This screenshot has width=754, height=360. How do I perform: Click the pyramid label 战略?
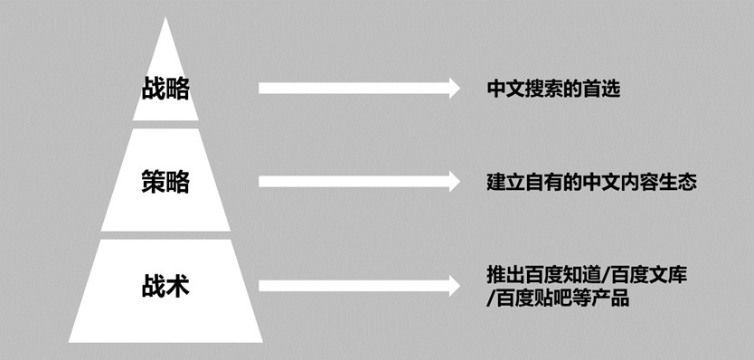point(165,88)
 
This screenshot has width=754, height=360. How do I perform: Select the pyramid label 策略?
point(165,181)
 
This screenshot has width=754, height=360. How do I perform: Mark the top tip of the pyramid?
point(165,20)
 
